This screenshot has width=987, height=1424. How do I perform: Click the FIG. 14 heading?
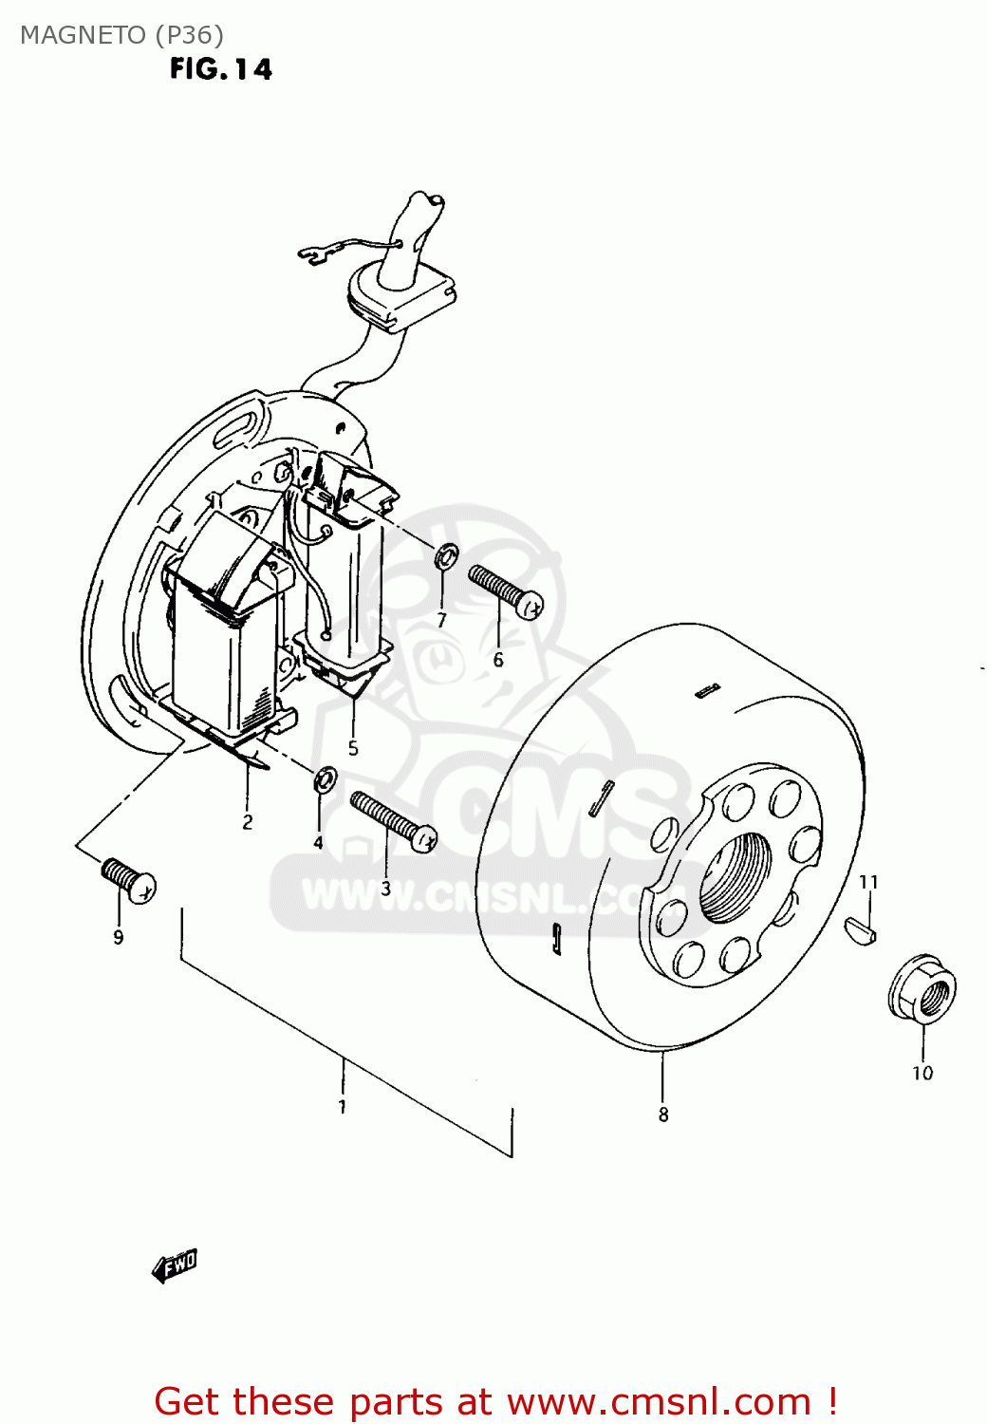221,69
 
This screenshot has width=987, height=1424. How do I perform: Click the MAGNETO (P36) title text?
121,35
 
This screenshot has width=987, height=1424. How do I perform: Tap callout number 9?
119,937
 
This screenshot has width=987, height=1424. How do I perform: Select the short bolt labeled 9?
128,879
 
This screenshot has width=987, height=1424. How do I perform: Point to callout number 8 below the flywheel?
663,1115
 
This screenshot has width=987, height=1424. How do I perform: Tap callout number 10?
922,1073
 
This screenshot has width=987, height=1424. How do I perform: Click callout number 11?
868,882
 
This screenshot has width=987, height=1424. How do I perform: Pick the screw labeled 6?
505,589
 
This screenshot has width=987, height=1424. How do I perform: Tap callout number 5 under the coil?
353,748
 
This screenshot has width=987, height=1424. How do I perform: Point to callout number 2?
248,822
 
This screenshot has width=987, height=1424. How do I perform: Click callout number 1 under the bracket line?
342,1106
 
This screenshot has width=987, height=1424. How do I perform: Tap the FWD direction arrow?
175,1265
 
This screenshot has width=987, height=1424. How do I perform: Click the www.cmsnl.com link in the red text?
659,1401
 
